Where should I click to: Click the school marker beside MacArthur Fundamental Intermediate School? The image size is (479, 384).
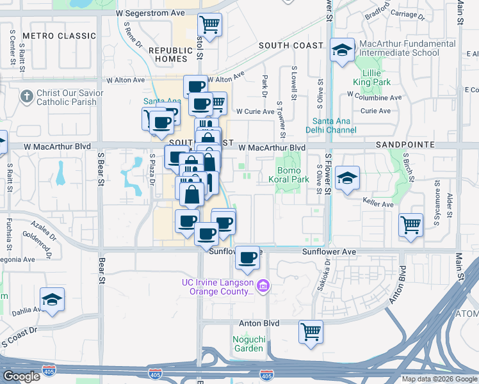[x=342, y=50]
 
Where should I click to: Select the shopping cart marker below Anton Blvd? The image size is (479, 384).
[x=311, y=332]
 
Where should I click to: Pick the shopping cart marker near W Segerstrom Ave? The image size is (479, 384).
[x=209, y=25]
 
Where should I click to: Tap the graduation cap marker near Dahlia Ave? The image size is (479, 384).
[x=52, y=299]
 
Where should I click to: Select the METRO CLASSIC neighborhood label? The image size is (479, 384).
[x=58, y=36]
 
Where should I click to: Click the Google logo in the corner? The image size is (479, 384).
[x=22, y=376]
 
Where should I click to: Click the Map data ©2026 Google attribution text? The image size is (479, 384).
[x=439, y=379]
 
